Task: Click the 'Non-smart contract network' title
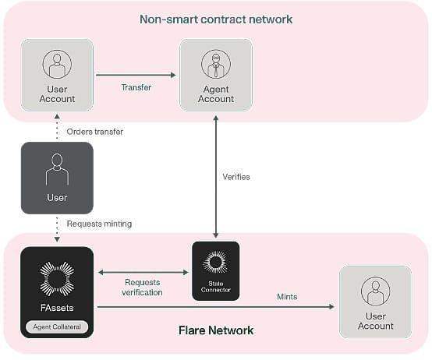216,19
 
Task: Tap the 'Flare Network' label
216,330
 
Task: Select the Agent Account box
216,75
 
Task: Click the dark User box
57,178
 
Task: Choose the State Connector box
216,271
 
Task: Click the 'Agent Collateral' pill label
57,326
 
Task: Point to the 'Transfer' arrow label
136,87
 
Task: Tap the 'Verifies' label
236,177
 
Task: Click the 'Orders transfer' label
95,132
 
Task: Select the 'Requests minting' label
99,224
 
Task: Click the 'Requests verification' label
142,287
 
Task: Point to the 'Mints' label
287,297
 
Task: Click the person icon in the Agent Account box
216,64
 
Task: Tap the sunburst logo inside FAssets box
57,279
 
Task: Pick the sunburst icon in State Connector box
216,262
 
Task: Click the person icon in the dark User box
57,169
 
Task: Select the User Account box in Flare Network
376,302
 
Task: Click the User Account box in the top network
57,75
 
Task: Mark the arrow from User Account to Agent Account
136,75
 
